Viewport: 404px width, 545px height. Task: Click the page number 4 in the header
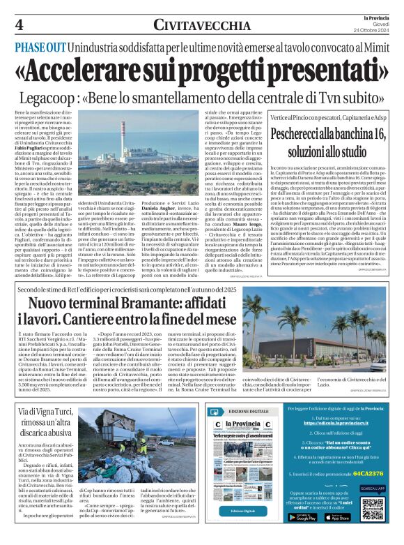tap(19, 25)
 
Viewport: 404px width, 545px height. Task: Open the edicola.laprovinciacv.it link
tap(339, 442)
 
